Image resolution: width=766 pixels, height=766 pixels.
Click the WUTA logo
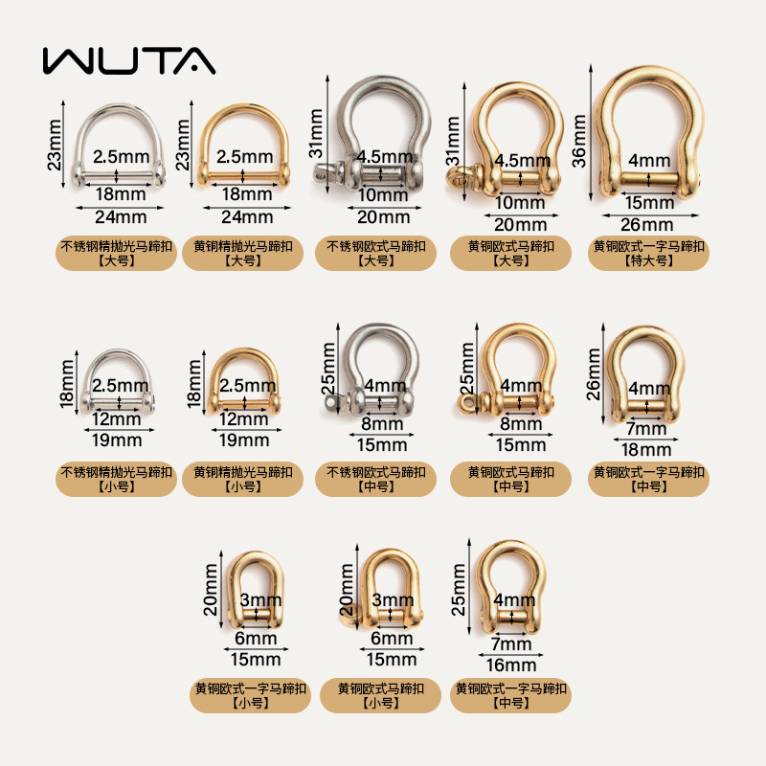(128, 59)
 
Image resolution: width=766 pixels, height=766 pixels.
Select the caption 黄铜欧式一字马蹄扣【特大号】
(648, 254)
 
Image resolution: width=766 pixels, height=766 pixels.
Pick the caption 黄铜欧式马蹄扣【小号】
(380, 696)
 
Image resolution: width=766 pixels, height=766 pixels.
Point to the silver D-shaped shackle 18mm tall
(117, 382)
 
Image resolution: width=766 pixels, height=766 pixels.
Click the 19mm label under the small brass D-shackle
(244, 440)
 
